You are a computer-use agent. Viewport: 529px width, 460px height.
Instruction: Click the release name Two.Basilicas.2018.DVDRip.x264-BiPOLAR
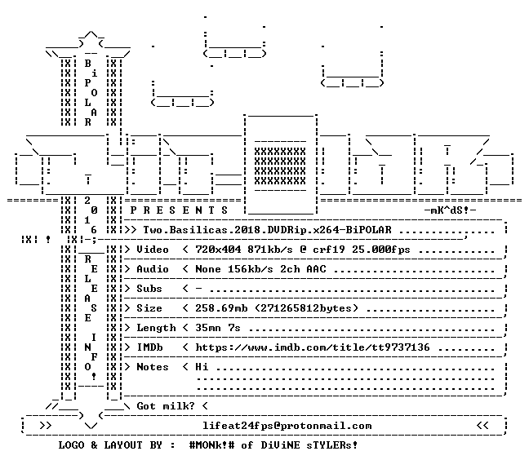click(x=267, y=230)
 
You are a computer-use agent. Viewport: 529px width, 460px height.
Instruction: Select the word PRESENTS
click(x=179, y=210)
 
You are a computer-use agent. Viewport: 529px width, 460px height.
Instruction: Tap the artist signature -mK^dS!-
click(x=450, y=210)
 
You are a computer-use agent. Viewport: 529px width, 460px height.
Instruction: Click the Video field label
click(x=153, y=250)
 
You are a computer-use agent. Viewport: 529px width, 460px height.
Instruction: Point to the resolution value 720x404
click(x=218, y=250)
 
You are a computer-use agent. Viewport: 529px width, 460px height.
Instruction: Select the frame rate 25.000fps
click(x=381, y=250)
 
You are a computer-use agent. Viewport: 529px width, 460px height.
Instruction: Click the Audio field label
click(x=153, y=269)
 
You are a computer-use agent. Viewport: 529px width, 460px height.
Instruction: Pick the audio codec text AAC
click(x=317, y=269)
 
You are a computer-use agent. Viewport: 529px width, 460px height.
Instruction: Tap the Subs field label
click(x=149, y=289)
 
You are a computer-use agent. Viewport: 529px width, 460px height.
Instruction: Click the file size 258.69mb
click(x=221, y=308)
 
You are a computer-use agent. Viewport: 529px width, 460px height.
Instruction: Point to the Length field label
click(x=156, y=328)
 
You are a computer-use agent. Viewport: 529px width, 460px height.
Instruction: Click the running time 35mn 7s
click(x=218, y=328)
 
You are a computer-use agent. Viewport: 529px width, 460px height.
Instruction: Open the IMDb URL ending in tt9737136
click(x=313, y=347)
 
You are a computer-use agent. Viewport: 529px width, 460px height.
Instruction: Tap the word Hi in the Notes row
click(x=202, y=367)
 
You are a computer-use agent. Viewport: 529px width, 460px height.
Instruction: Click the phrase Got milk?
click(x=166, y=406)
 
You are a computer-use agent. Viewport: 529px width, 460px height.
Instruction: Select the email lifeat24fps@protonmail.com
click(x=287, y=426)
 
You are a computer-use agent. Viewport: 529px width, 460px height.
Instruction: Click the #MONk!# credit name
click(x=211, y=445)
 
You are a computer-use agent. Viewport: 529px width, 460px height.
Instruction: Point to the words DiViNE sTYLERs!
click(x=309, y=445)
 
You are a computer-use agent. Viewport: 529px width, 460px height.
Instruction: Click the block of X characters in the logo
click(x=280, y=166)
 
